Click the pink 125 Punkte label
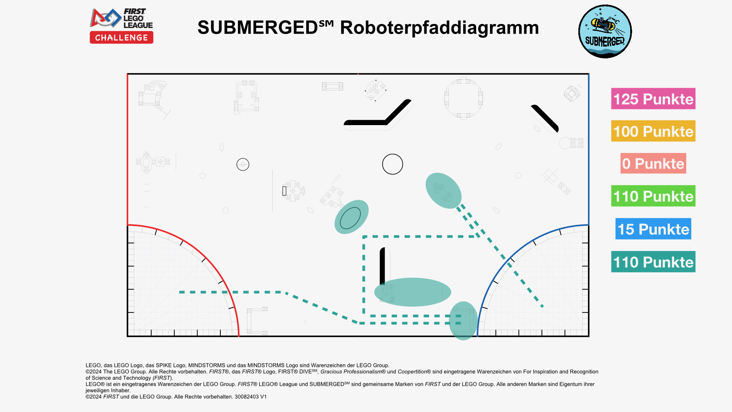(653, 99)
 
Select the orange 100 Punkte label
(653, 131)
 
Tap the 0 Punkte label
(653, 164)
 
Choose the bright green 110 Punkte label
(653, 196)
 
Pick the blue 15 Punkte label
(653, 229)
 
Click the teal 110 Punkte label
(653, 262)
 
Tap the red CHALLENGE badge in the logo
(121, 37)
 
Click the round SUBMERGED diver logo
(605, 31)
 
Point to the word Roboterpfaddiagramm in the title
(439, 28)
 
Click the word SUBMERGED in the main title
(258, 28)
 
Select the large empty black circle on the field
(392, 164)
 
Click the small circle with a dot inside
(243, 164)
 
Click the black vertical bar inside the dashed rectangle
(382, 265)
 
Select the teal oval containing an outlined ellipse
(351, 217)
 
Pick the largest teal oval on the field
(413, 292)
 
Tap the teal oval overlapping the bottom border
(463, 320)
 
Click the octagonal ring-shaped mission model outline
(463, 98)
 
